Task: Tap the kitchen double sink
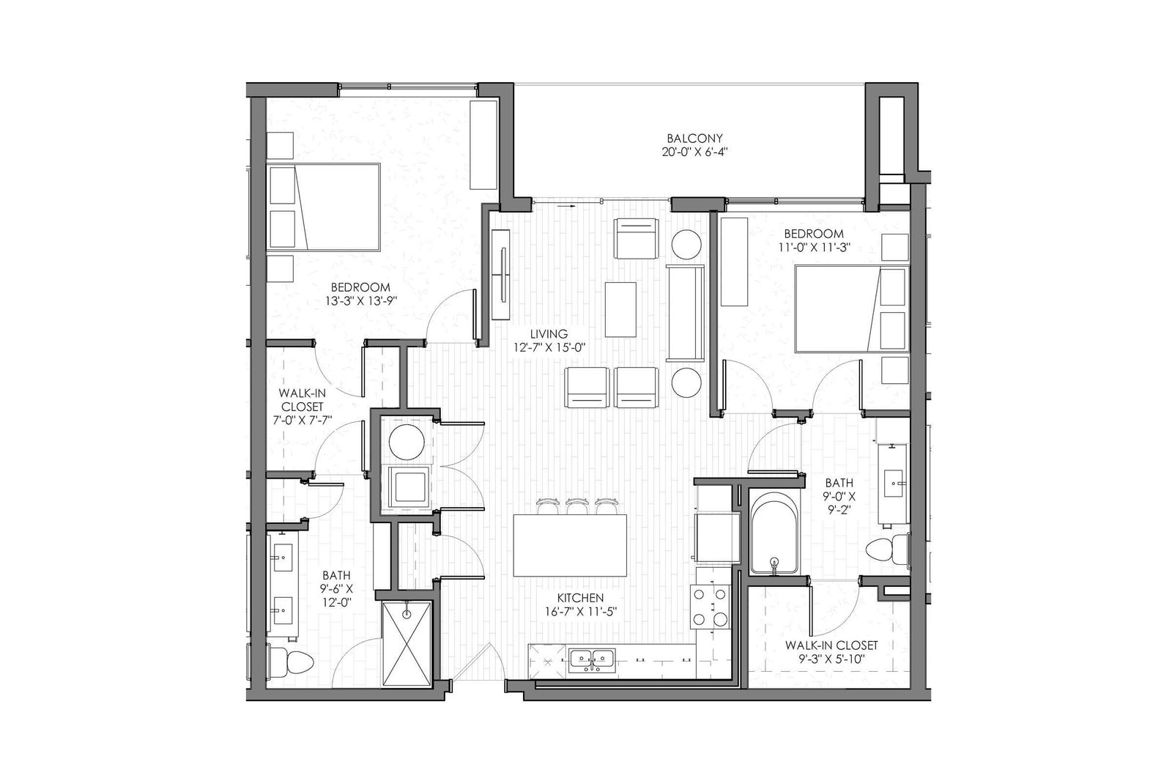click(593, 659)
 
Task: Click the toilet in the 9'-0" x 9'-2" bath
click(884, 550)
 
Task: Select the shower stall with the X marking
click(405, 643)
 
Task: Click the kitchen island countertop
click(570, 546)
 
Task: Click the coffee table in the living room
click(620, 308)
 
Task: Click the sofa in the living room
click(685, 314)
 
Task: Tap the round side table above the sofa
click(686, 244)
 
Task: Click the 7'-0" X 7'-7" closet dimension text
click(302, 421)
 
